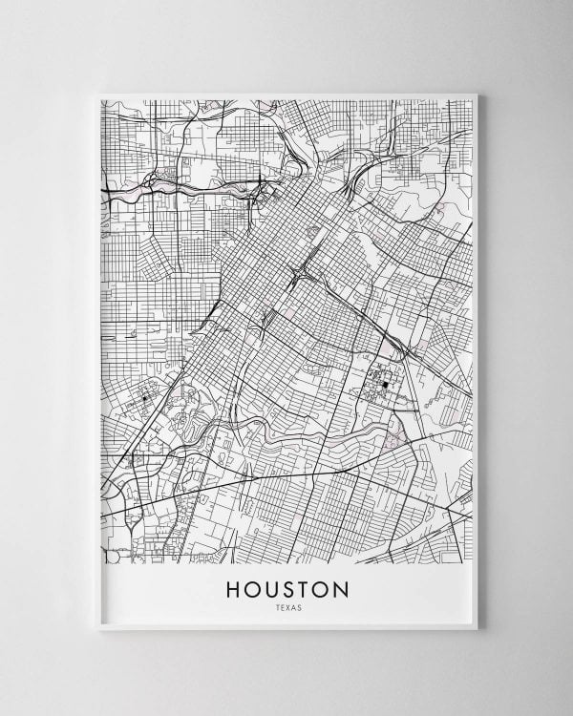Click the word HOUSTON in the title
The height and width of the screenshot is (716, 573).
[x=287, y=589]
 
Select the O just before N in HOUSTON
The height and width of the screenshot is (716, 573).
[x=321, y=589]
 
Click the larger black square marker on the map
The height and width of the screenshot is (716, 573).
[x=385, y=384]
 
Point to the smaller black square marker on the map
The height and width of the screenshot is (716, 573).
[x=145, y=397]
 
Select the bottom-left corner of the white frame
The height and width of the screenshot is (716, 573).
[x=99, y=630]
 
